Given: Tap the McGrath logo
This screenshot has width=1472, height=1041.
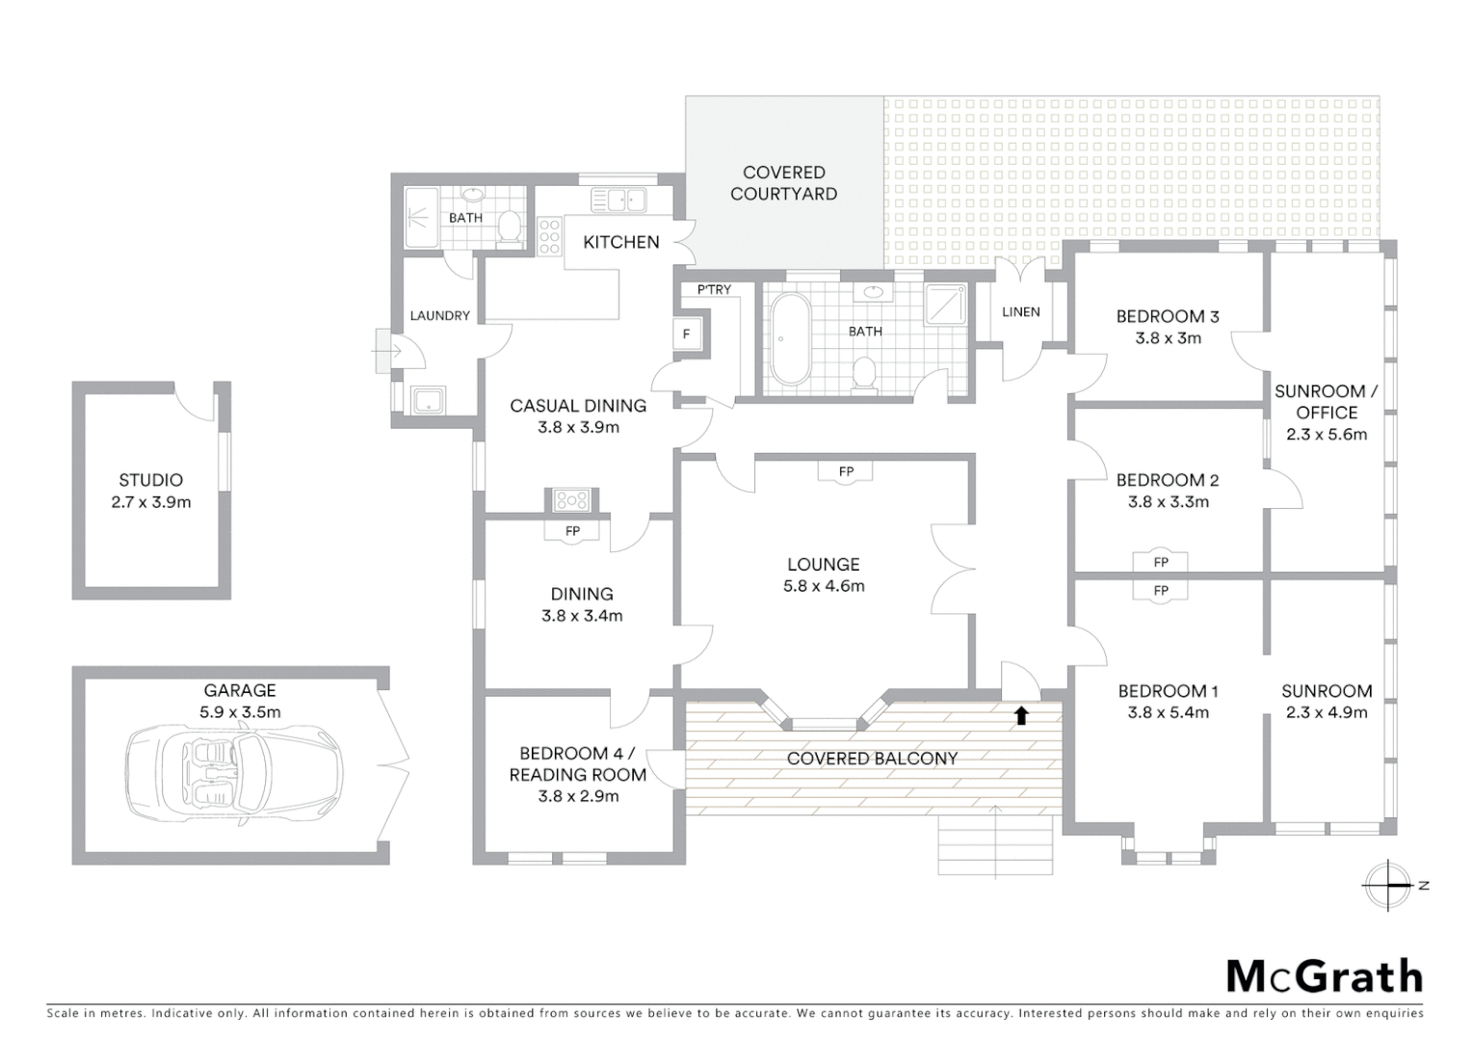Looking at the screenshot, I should pos(1324,976).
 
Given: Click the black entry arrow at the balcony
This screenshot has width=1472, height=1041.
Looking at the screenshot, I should pos(1021,715).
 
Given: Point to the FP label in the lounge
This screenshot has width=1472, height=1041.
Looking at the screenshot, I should pos(846,471).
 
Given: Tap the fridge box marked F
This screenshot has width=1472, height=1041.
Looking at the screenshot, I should pos(687,334).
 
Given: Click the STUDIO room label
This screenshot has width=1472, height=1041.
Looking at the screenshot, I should pos(151,480).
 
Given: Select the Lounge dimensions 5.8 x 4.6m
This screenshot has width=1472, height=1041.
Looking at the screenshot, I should pos(823,586).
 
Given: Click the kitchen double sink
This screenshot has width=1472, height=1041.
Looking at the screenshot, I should pos(618,200).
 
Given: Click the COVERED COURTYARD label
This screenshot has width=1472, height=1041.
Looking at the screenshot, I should pos(783,183).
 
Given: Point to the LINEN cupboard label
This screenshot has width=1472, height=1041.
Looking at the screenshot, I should pos(1020,311).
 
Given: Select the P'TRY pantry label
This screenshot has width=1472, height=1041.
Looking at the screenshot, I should pos(714,289).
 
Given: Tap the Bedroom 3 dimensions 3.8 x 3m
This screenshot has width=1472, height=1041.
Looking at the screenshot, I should pos(1168,338).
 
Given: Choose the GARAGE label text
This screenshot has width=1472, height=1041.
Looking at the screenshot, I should pos(240,690).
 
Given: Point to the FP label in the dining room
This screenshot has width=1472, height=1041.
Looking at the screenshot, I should pos(572,531).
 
